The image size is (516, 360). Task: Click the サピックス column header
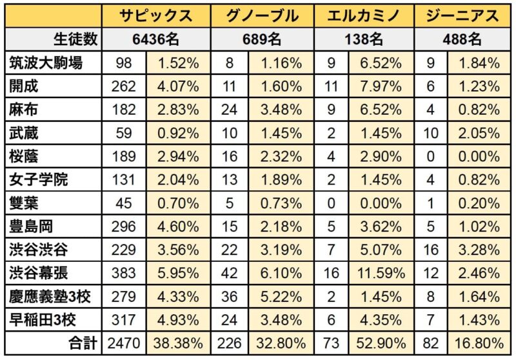tap(159, 15)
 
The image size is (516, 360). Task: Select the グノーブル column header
tap(262, 15)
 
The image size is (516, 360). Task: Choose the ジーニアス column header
tap(462, 15)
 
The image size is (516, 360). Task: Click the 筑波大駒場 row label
tap(46, 63)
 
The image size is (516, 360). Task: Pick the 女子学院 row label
tap(39, 179)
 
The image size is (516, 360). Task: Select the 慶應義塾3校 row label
tap(50, 295)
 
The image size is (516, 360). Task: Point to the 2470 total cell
tap(124, 343)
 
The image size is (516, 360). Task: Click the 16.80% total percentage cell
tap(479, 343)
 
